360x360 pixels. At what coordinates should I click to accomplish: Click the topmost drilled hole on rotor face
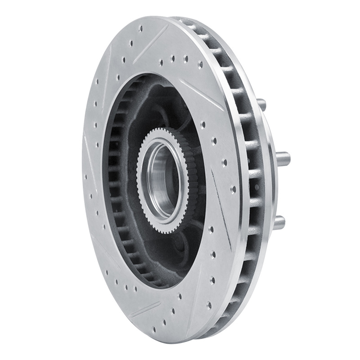(141, 28)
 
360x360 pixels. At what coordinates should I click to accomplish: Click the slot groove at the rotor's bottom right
(198, 288)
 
